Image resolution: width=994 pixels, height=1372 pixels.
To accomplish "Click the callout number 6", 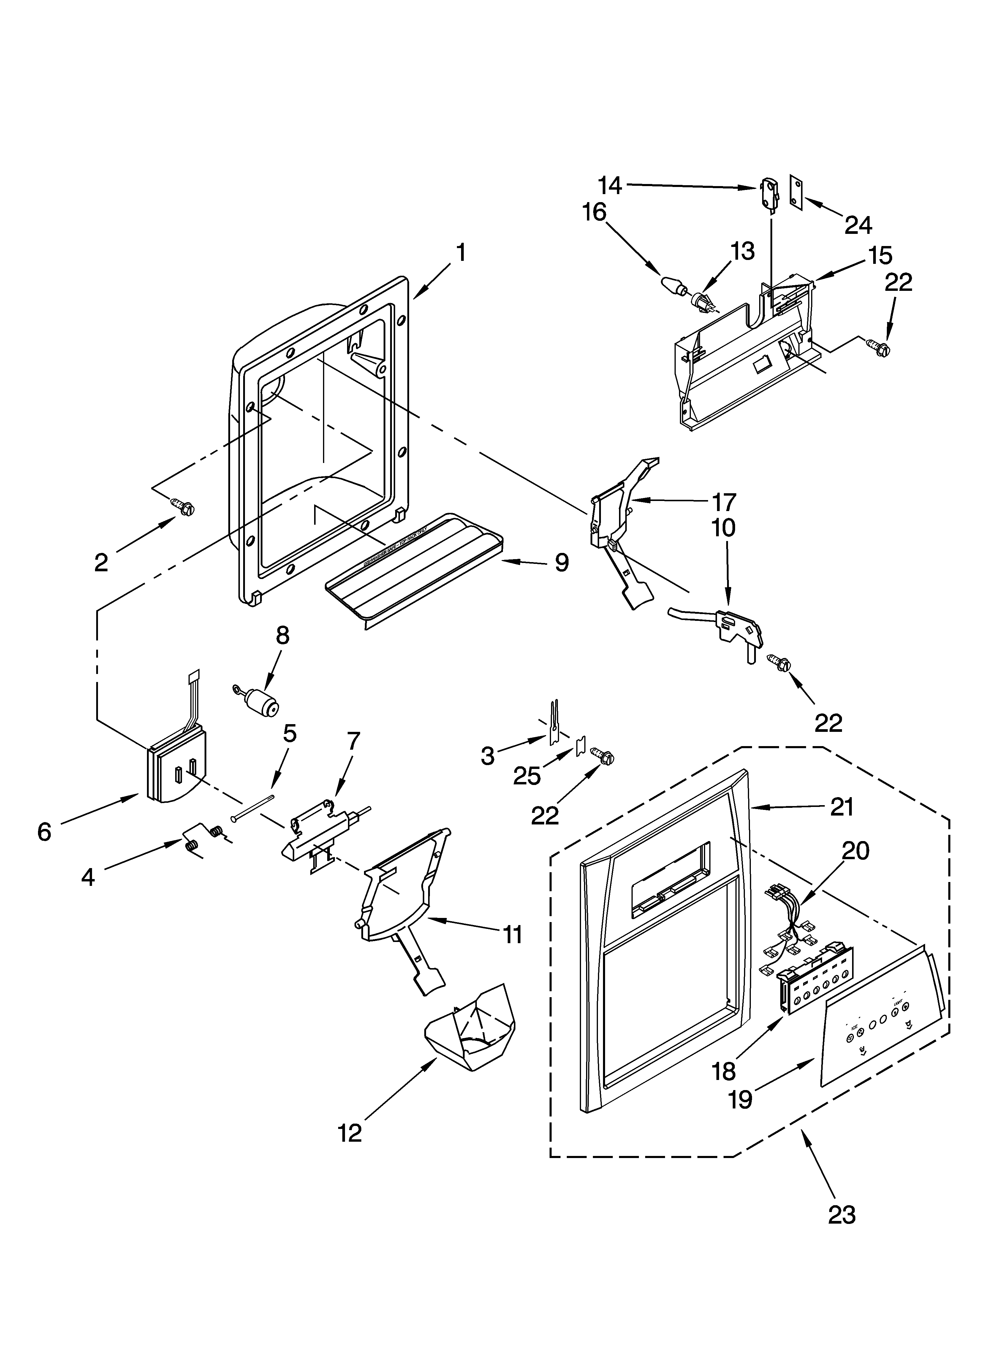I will click(x=44, y=832).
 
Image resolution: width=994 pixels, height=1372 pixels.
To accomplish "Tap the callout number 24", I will click(x=858, y=225).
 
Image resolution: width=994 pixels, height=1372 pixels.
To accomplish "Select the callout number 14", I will click(x=610, y=185).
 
